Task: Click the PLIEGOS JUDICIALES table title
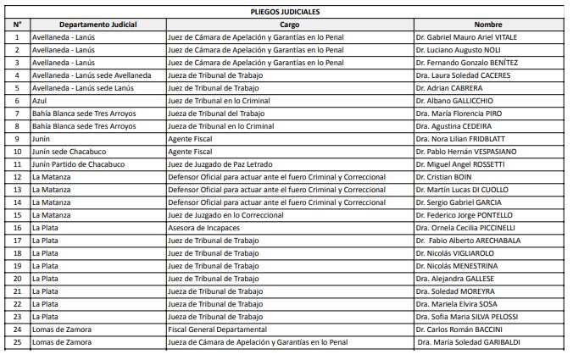coord(286,12)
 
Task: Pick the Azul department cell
coord(39,101)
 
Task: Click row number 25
coord(17,342)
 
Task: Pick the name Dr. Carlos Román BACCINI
coord(463,330)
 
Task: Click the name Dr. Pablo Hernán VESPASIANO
coord(467,152)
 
